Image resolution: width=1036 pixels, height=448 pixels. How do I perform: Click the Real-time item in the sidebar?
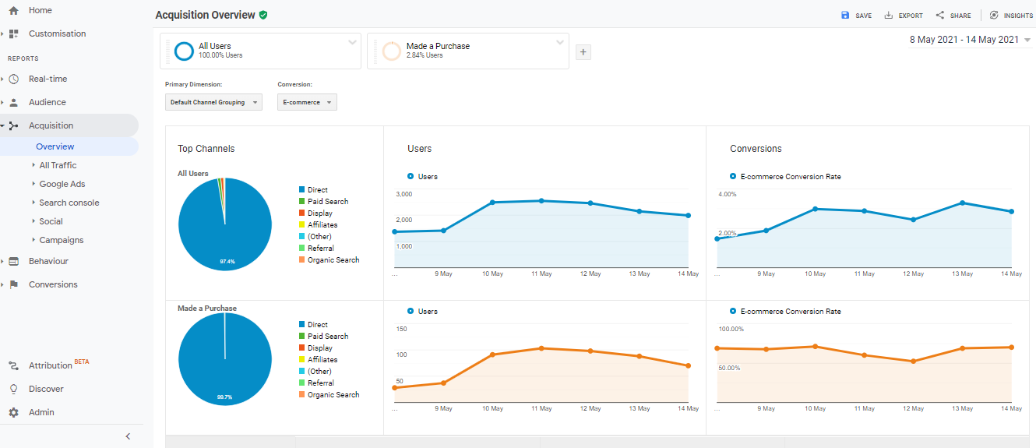[x=48, y=79]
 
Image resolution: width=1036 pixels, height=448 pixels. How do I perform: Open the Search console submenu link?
[x=69, y=203]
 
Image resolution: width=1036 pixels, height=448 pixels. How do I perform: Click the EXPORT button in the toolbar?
[x=904, y=16]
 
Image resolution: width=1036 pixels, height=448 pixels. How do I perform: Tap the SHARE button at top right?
[x=953, y=16]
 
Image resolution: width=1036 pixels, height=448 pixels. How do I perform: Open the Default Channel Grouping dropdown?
[x=213, y=102]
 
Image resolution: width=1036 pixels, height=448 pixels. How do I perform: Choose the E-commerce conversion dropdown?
[x=307, y=102]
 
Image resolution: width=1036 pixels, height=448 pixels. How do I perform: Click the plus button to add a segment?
[x=583, y=52]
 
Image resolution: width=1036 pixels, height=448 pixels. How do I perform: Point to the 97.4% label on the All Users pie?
[x=227, y=262]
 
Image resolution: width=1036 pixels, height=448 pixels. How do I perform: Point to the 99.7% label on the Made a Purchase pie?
[x=224, y=397]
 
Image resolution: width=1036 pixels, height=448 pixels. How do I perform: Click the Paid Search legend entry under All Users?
[x=327, y=202]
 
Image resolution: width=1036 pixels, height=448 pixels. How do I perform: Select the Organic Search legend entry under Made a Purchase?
[x=333, y=395]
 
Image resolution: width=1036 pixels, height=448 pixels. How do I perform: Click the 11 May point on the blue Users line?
[x=541, y=201]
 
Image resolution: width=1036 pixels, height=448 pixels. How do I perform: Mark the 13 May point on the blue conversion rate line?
[x=963, y=203]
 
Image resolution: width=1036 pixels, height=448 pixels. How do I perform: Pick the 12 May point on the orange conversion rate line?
[x=913, y=362]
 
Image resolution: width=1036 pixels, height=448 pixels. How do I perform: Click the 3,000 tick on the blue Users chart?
[x=403, y=194]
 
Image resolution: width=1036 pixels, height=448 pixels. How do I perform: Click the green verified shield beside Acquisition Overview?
[x=263, y=15]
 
